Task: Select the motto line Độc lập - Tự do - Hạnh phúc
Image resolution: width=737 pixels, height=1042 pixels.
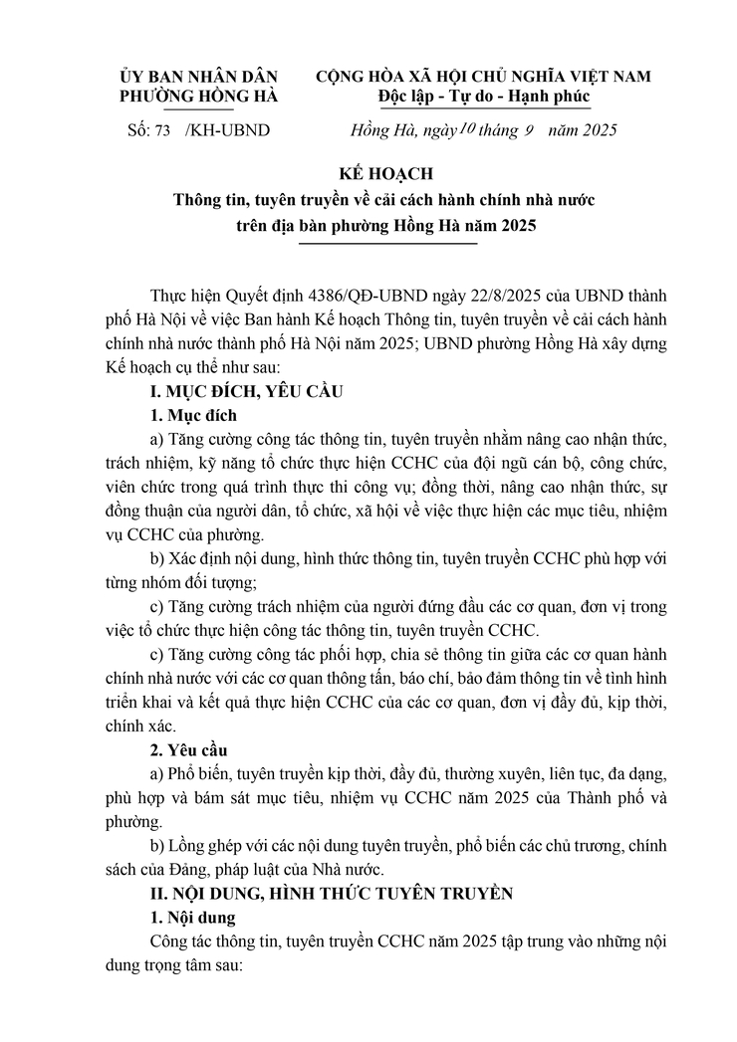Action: tap(484, 97)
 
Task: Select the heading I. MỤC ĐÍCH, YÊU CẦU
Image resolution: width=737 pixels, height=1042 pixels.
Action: tap(245, 391)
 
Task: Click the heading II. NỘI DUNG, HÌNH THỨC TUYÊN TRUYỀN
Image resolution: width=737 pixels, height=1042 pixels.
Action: tap(331, 893)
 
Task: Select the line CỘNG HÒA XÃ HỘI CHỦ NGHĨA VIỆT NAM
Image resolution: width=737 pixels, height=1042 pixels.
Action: tap(484, 77)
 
